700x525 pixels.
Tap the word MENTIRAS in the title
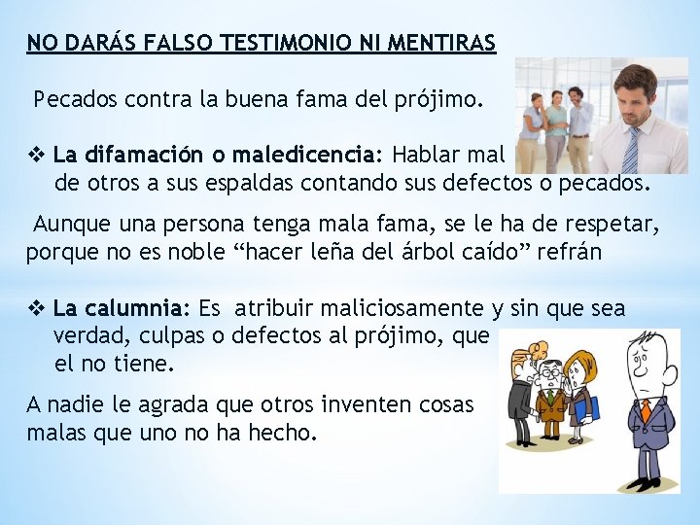click(x=441, y=43)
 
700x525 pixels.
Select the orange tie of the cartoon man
click(x=645, y=408)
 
